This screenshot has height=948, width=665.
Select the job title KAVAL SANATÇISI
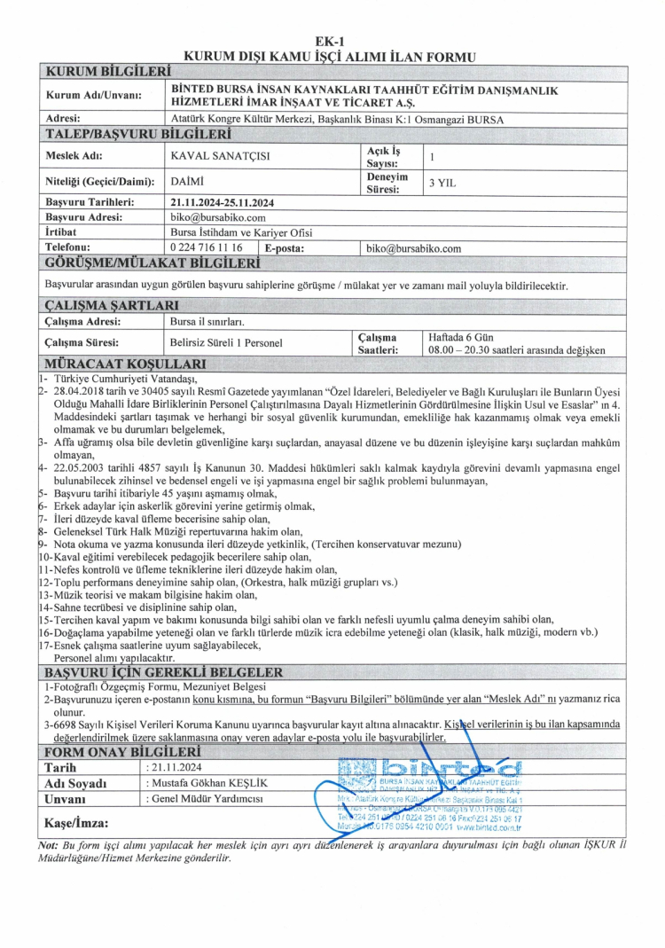(x=220, y=157)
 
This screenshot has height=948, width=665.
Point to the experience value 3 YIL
(x=442, y=183)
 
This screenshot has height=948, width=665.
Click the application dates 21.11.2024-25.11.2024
(x=222, y=203)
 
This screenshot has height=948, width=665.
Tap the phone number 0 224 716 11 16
(x=206, y=248)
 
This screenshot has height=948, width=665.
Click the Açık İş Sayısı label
(x=382, y=157)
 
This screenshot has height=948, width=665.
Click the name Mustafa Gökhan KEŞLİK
(x=203, y=783)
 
